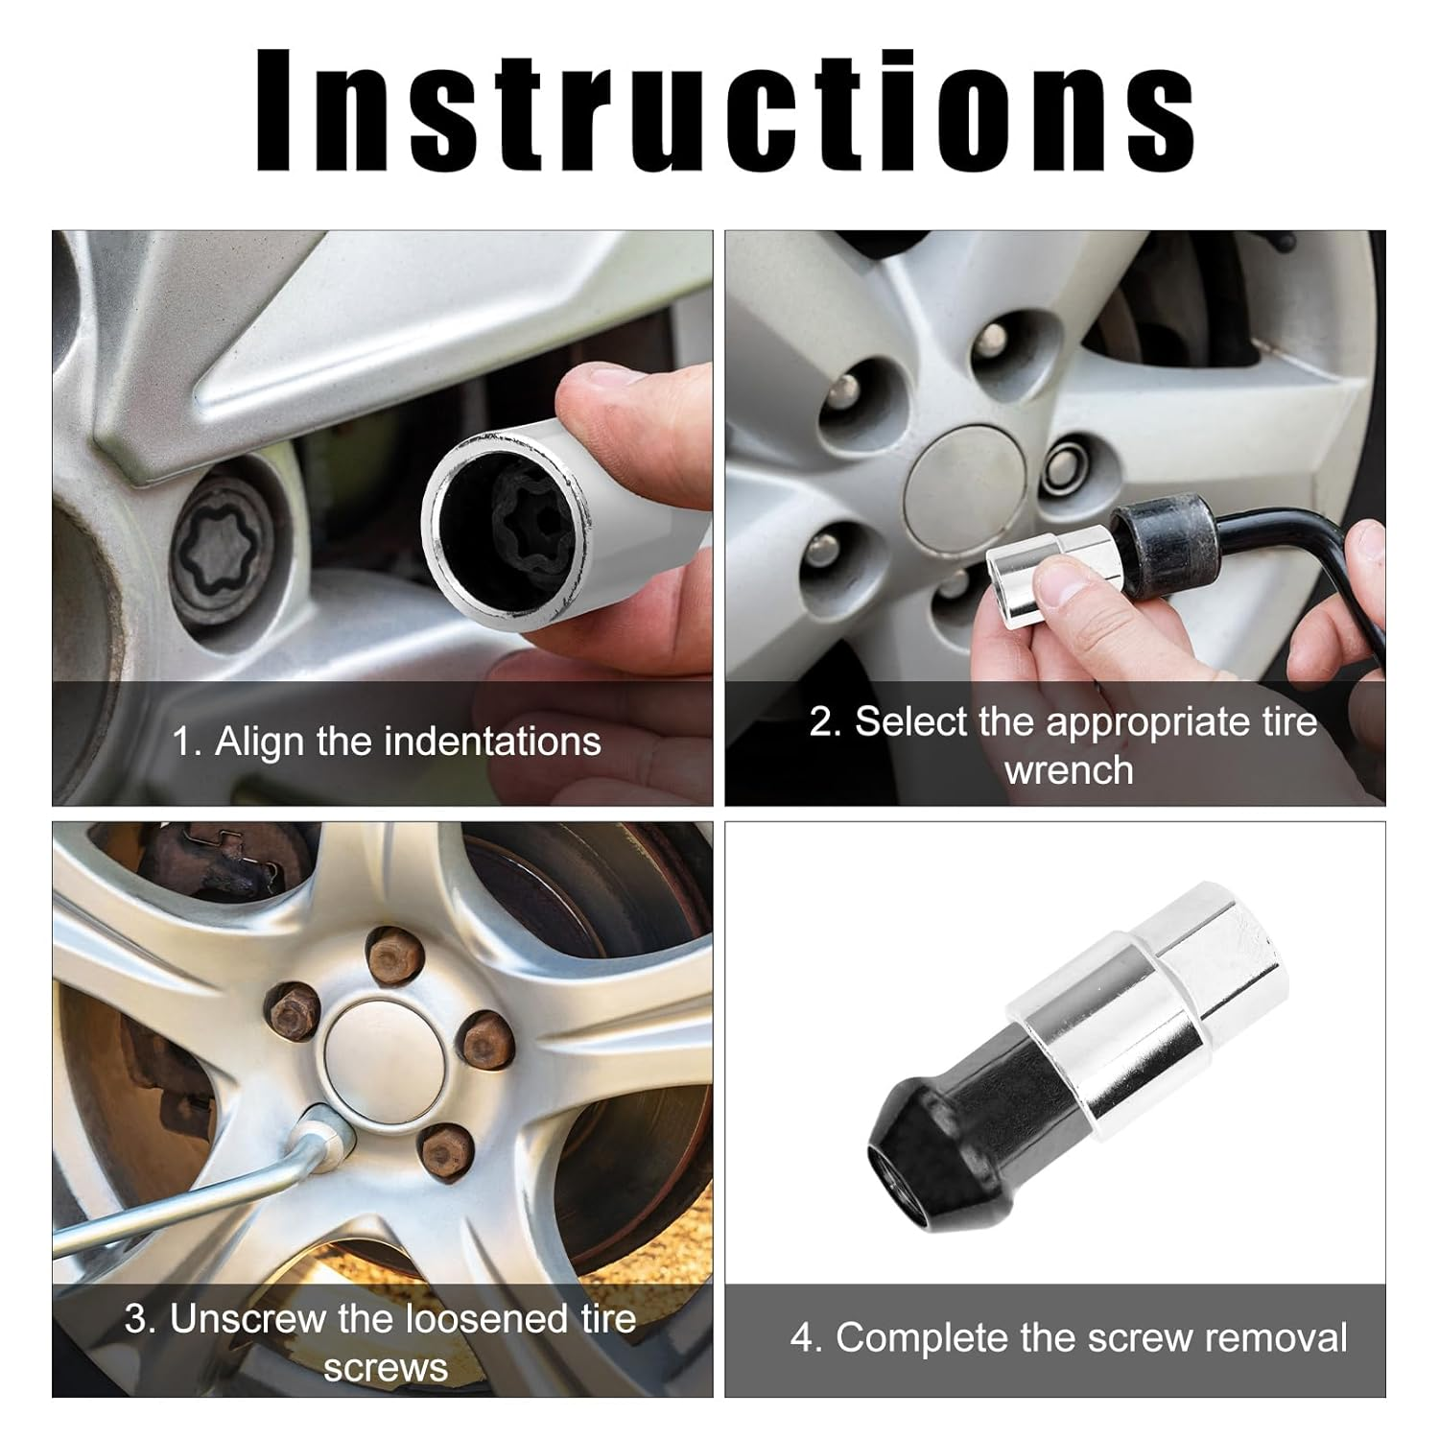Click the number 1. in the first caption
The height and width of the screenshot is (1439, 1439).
tap(187, 742)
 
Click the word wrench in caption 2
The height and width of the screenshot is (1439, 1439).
tap(1069, 770)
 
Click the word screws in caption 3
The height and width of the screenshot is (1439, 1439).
tap(385, 1367)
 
